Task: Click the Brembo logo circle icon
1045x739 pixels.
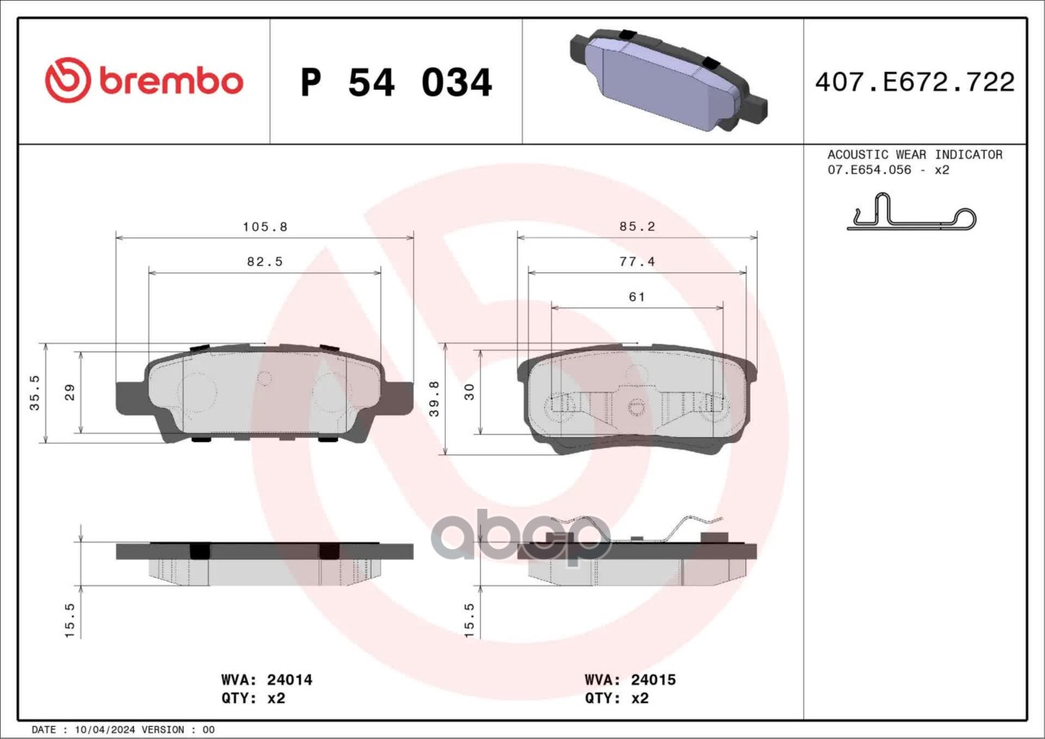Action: (x=68, y=80)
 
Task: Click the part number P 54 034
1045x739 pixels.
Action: (x=396, y=82)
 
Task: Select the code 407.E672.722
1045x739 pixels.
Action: (x=915, y=82)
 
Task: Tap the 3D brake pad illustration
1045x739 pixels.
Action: (x=668, y=80)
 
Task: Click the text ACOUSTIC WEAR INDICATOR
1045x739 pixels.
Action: (x=915, y=155)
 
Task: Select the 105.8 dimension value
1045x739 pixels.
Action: (x=265, y=227)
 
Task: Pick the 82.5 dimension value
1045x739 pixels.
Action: (x=265, y=262)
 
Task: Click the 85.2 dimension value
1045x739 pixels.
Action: (x=638, y=227)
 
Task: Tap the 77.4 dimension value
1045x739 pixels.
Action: (x=638, y=262)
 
